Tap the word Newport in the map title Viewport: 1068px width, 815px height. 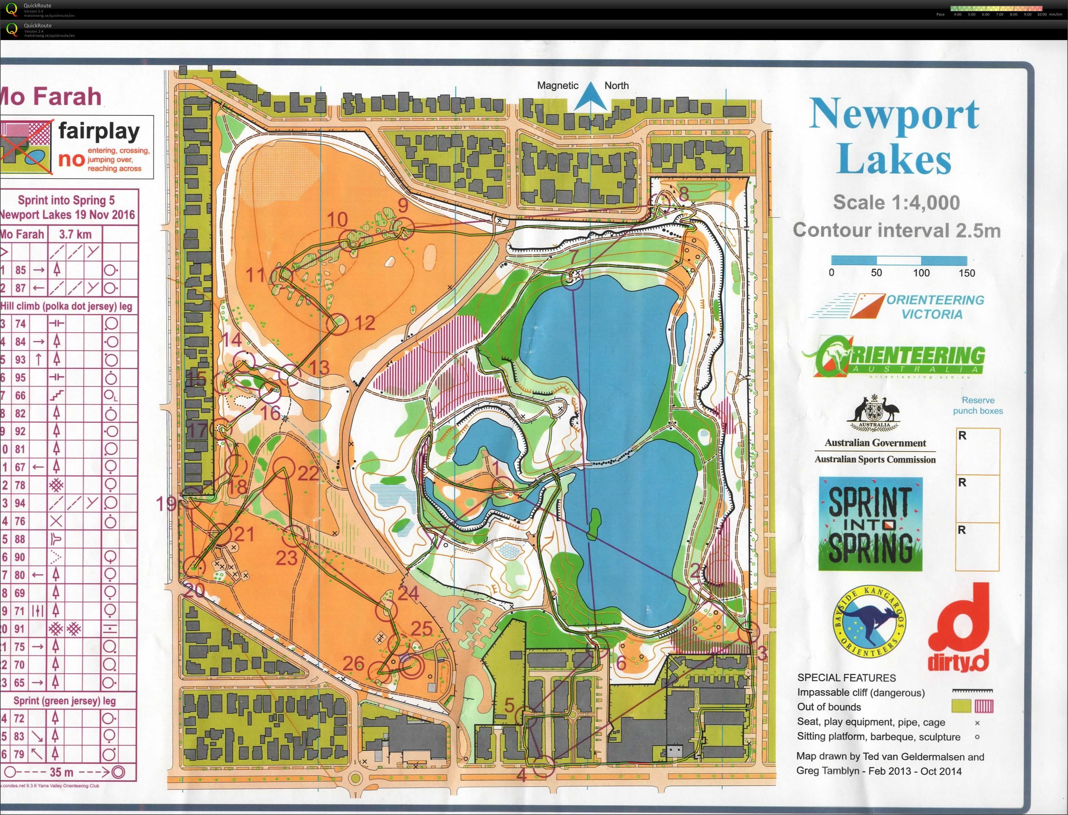[x=894, y=114]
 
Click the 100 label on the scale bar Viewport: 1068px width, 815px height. [x=921, y=273]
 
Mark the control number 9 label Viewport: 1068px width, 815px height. [x=403, y=205]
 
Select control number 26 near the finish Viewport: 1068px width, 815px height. [x=353, y=663]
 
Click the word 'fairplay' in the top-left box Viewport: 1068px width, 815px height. [x=99, y=131]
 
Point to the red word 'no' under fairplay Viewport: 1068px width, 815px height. [x=71, y=159]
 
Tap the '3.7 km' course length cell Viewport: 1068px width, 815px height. [x=75, y=234]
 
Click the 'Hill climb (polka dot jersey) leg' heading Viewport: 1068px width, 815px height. [x=66, y=306]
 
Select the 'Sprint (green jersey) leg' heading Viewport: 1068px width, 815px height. [x=65, y=701]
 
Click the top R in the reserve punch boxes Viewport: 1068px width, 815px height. [x=962, y=435]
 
